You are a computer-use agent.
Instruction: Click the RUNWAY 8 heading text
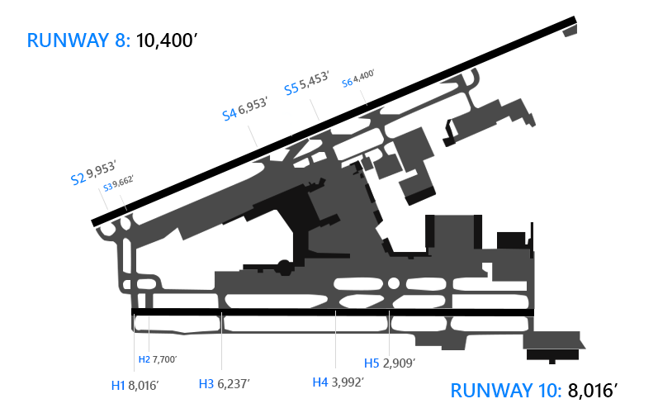tap(78, 40)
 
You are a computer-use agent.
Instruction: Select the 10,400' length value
tap(167, 40)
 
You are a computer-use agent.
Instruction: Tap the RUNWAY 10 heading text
tap(505, 391)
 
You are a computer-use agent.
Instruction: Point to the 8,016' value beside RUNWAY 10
tap(593, 391)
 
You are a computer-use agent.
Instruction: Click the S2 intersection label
tap(78, 178)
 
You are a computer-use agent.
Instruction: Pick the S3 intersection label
tap(108, 188)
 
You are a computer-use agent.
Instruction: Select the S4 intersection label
tap(230, 114)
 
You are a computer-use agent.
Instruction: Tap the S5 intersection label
tap(291, 89)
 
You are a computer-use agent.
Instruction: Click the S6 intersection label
tap(347, 83)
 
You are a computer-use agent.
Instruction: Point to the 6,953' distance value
tap(253, 106)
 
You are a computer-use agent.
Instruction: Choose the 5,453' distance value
tap(314, 79)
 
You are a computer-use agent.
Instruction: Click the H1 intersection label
tap(118, 385)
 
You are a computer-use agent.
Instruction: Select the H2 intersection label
tap(144, 359)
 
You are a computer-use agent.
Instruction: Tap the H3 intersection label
tap(206, 383)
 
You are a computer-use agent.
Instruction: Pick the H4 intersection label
tap(320, 382)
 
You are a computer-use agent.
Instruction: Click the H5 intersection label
tap(372, 363)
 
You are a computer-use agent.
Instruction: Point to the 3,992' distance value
tap(348, 382)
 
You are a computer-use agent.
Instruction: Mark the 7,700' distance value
tap(164, 359)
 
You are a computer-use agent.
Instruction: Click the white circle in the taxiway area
tap(394, 283)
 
